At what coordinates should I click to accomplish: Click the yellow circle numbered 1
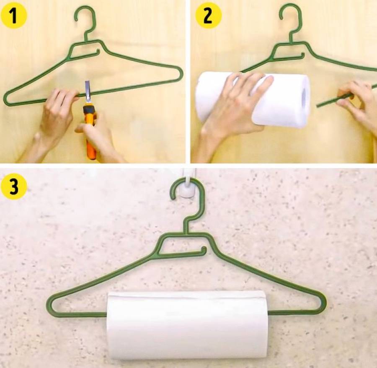point(14,16)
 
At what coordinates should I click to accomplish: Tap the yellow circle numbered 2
point(208,16)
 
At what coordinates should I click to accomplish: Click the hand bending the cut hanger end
point(357,104)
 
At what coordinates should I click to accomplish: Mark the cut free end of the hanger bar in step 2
point(318,106)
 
